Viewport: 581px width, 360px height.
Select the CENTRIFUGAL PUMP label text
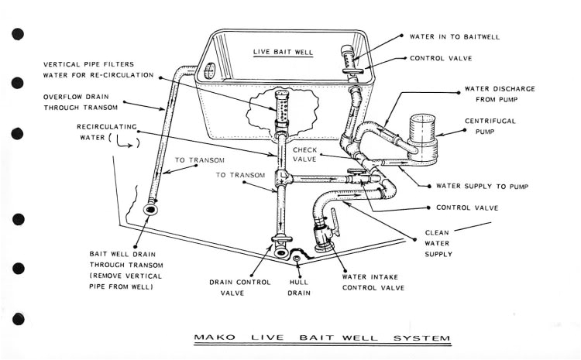tap(490, 126)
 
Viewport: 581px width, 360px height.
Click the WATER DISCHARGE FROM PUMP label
tap(499, 94)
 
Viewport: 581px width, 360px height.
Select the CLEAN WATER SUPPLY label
tap(438, 242)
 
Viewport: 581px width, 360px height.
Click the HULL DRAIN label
tap(299, 287)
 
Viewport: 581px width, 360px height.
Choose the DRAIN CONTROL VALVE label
tap(239, 287)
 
